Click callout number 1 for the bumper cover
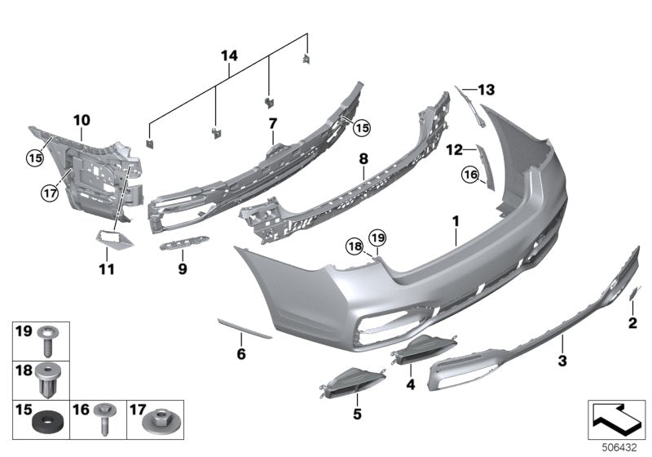[x=456, y=220]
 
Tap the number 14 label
[x=230, y=55]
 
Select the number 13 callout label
[x=487, y=89]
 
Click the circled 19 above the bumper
[x=377, y=237]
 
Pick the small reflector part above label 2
[x=637, y=291]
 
